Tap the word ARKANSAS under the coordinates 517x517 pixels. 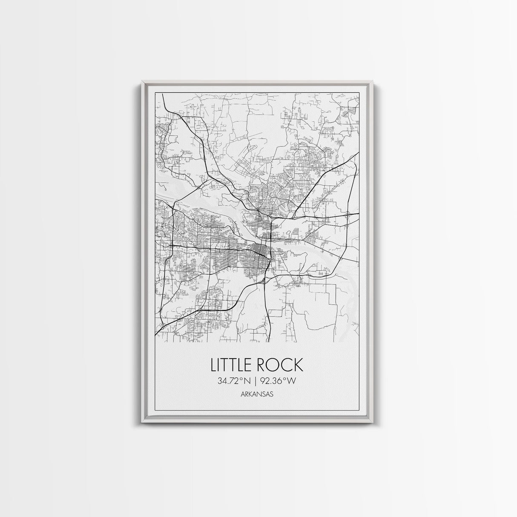256,394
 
